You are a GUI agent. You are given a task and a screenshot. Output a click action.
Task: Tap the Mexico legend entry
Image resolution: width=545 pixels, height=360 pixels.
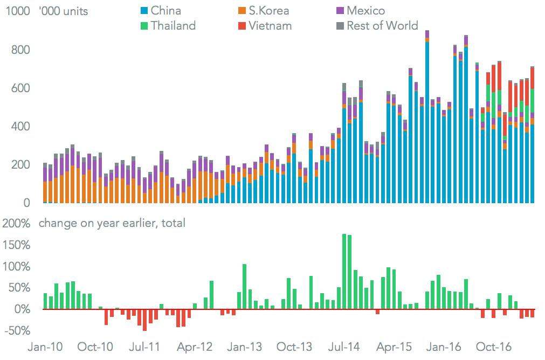tap(360, 10)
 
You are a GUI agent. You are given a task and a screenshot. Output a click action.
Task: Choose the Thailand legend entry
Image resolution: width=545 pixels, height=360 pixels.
tap(167, 25)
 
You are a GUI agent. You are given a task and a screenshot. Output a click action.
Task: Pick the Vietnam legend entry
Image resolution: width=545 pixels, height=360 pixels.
tap(264, 25)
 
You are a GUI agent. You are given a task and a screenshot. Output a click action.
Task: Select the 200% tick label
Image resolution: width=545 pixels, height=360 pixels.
tap(18, 223)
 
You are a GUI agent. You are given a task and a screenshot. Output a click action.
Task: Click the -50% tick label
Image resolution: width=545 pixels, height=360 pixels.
tap(18, 330)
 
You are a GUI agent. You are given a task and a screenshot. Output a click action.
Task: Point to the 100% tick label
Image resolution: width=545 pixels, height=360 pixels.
tap(18, 266)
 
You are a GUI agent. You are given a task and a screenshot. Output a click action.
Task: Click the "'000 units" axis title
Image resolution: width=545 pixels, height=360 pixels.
tap(64, 11)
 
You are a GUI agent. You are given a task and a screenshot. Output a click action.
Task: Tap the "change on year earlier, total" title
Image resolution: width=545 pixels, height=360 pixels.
tap(112, 223)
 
